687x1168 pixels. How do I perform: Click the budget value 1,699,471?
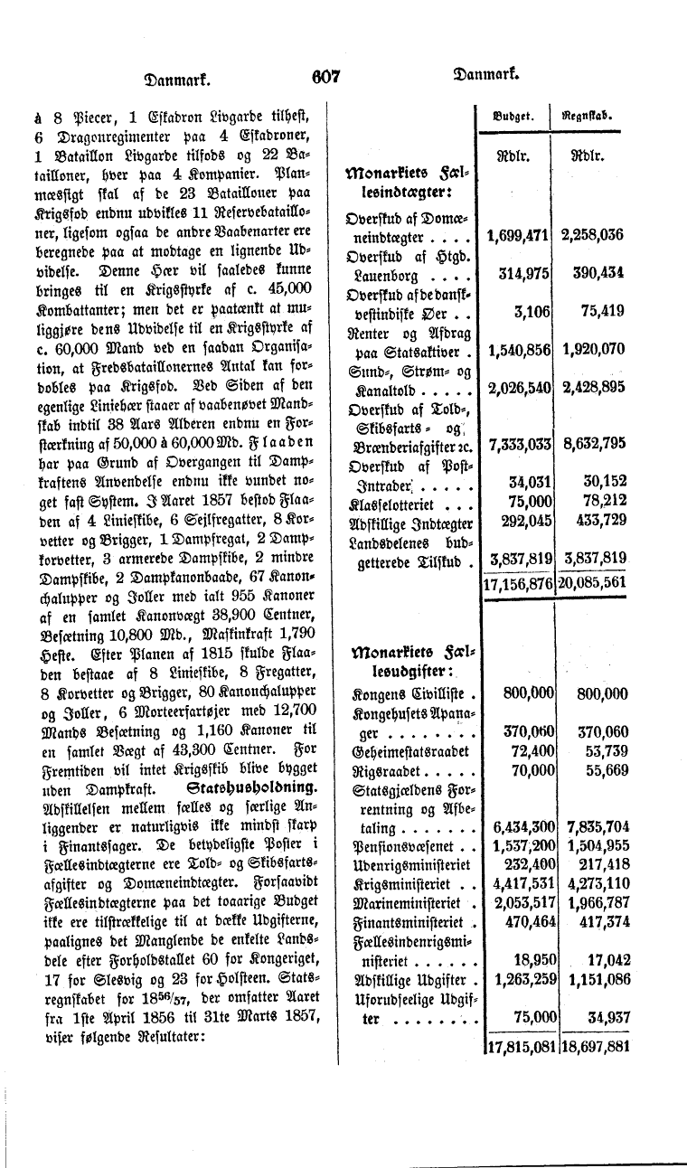click(518, 237)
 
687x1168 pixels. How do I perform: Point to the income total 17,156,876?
click(518, 583)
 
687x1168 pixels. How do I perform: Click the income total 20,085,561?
click(593, 583)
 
